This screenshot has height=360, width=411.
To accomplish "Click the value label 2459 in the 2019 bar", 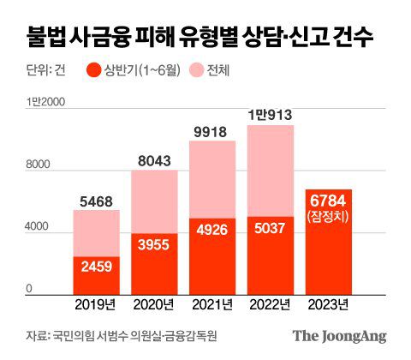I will click(x=96, y=267).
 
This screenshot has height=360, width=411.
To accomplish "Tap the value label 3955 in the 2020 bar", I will click(x=154, y=243).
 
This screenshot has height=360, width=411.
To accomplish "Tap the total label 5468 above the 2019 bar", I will click(x=96, y=201).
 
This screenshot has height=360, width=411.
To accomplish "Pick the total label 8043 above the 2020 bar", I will click(x=154, y=161).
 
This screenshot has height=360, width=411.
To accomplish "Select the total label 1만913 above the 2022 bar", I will click(x=271, y=114).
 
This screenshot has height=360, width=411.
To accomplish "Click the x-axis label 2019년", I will click(x=96, y=304).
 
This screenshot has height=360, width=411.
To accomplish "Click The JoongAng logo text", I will click(x=340, y=336).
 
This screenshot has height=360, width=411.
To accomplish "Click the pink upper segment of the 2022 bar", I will click(x=271, y=171).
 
